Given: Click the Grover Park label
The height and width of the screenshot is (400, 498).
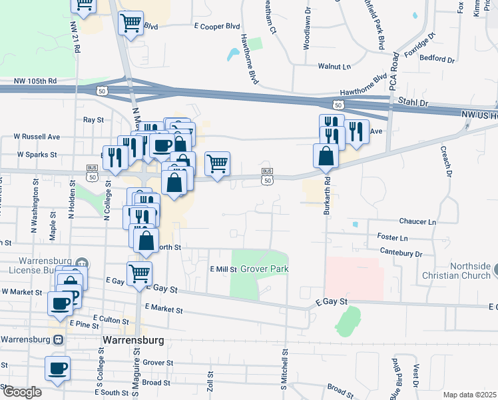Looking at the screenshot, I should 264,269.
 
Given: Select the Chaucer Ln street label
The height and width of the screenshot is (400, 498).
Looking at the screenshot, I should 417,221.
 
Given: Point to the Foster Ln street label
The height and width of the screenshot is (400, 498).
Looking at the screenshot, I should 392,237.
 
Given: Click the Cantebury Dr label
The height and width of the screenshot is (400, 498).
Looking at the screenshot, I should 401,253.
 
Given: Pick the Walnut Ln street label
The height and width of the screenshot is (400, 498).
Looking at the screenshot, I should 334,67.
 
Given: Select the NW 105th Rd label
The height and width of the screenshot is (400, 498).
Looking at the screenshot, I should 35,81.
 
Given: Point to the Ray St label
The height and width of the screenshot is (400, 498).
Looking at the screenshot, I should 93,120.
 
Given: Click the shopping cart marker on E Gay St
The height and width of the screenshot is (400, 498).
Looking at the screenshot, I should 139,273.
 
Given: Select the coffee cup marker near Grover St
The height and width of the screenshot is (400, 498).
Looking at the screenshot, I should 57,368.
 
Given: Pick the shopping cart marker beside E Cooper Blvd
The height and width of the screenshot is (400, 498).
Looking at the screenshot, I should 130,23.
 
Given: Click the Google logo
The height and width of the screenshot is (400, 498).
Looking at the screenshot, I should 21,391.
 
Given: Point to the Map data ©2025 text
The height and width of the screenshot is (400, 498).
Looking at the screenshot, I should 469,395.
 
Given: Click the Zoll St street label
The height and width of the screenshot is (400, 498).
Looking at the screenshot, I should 210,381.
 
